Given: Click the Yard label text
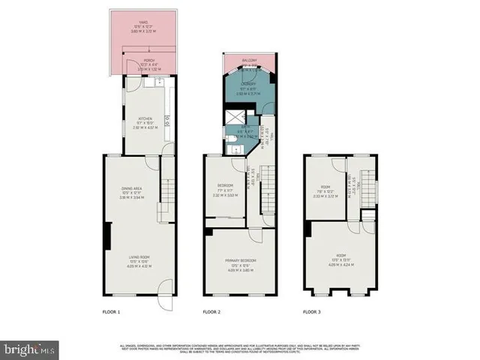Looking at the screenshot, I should (139, 23).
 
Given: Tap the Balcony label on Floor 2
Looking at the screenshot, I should (249, 60).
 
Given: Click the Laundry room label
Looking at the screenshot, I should (249, 85).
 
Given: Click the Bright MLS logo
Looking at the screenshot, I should (30, 349).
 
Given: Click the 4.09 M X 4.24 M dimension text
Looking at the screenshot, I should (341, 265).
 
